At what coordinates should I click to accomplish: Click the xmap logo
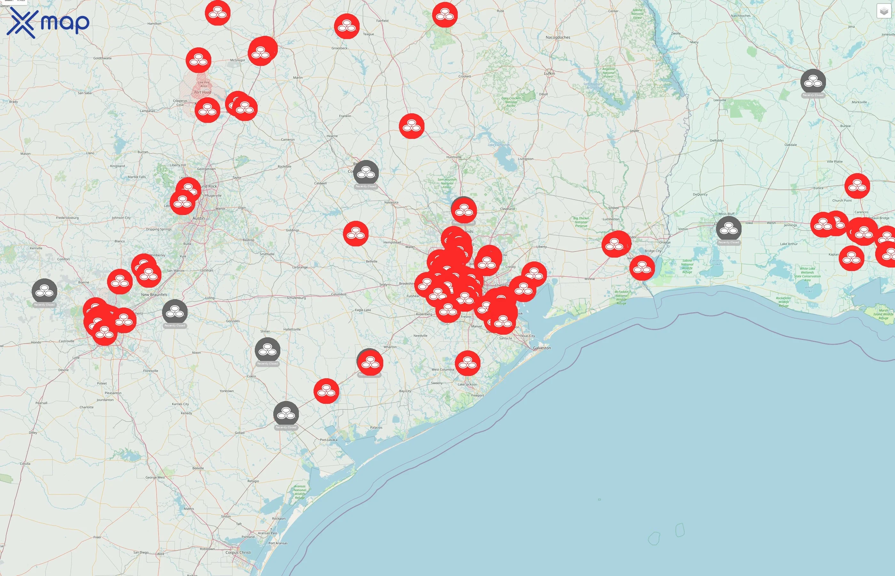(48, 23)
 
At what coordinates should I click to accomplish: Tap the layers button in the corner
(883, 11)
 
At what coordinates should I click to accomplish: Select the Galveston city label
(541, 348)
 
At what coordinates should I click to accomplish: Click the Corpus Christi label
(238, 552)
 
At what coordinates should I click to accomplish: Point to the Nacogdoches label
(558, 37)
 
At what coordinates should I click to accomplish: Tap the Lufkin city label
(549, 73)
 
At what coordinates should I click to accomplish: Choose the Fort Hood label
(202, 92)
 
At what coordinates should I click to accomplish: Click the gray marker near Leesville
(813, 82)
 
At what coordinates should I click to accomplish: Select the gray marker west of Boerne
(44, 291)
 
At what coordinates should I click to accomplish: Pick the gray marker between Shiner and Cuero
(268, 350)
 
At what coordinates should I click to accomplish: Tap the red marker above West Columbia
(467, 363)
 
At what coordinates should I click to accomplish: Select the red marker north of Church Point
(857, 186)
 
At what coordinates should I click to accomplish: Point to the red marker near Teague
(346, 26)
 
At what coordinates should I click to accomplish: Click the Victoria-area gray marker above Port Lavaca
(286, 414)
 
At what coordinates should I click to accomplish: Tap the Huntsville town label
(454, 157)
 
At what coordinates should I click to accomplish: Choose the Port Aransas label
(278, 543)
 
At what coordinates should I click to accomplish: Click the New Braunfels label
(154, 295)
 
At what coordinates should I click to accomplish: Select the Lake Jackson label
(467, 385)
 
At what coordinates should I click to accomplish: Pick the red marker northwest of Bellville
(356, 233)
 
